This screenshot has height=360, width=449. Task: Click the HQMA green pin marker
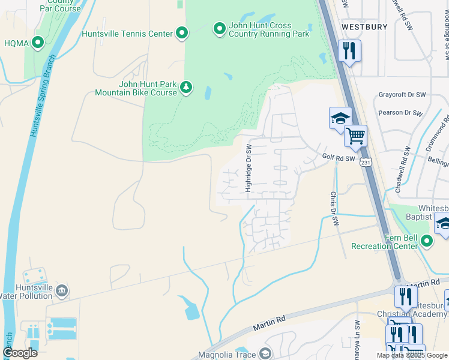38,42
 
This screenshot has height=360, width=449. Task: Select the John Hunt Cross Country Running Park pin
219,28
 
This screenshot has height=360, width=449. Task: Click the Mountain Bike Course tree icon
186,88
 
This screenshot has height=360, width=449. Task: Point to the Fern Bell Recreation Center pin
427,241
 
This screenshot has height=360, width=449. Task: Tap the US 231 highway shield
366,161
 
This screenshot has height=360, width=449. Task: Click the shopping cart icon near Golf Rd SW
355,136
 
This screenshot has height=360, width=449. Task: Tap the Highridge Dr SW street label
249,168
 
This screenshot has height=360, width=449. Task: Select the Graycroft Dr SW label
402,95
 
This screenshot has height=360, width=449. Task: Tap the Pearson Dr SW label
402,112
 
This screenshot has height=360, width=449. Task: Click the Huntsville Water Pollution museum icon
61,292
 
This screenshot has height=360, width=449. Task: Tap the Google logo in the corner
20,353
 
